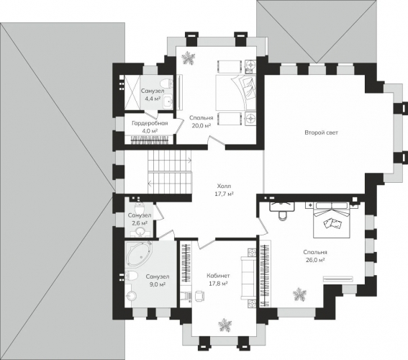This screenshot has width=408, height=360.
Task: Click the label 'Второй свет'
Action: click(x=321, y=132)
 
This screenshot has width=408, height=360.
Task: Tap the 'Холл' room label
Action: click(x=224, y=186)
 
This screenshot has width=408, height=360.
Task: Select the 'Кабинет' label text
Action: click(x=218, y=276)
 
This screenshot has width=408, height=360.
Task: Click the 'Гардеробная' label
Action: click(x=150, y=123)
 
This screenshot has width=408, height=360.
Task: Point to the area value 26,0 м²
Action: click(x=315, y=260)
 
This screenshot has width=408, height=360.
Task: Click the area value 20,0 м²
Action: click(x=201, y=126)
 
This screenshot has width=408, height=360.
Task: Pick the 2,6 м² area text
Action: click(x=139, y=223)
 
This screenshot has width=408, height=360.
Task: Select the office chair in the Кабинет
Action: click(x=199, y=295)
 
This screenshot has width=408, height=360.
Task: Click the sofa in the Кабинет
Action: click(x=248, y=278)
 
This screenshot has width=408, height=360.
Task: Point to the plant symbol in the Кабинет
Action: click(x=225, y=325)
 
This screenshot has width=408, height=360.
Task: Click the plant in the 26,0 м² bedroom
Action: click(x=299, y=294)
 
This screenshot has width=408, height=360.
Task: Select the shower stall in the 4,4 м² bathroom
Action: click(x=132, y=92)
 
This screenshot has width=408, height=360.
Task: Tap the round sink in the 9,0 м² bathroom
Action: click(x=132, y=296)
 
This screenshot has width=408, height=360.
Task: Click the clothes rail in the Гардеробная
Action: click(x=150, y=140)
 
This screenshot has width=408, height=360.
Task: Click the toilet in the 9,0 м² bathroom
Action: click(x=131, y=276)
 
